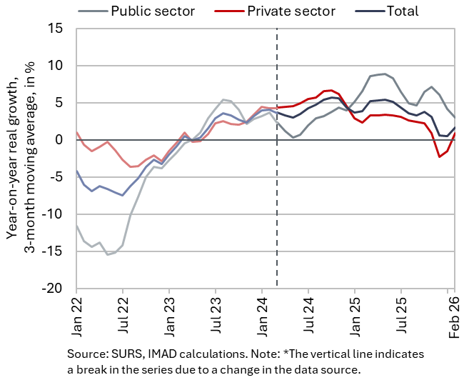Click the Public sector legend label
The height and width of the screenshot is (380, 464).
(153, 11)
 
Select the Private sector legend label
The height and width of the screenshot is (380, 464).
(291, 11)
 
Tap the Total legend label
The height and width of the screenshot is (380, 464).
(403, 11)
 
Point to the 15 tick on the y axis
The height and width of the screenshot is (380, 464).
(56, 29)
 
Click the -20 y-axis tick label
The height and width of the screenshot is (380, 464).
(53, 288)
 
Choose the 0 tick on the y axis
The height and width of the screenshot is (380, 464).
(59, 140)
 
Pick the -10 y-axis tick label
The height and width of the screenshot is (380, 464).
(53, 214)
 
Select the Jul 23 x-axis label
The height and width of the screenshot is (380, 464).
(216, 315)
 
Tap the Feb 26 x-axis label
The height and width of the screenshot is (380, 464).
(454, 317)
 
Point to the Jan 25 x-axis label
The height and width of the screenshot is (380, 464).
(355, 316)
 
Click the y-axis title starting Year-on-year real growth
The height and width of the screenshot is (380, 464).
(21, 157)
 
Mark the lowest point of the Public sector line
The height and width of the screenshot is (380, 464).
(107, 255)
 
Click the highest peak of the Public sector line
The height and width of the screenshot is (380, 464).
(385, 74)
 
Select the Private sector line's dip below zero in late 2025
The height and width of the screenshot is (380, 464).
(440, 157)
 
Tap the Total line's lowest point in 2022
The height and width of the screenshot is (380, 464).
(123, 195)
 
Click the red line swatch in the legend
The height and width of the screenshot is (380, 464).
(230, 11)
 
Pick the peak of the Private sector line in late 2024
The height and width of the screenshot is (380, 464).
(331, 90)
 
